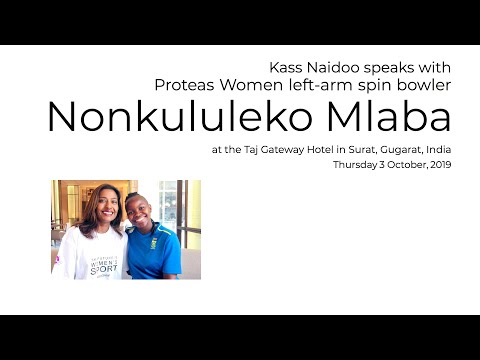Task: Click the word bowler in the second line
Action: (425, 84)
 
